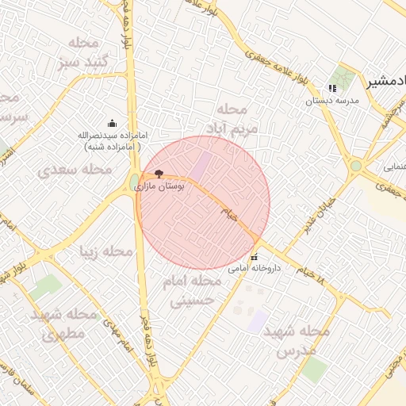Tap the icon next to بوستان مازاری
[159, 173]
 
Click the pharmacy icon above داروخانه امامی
[255, 257]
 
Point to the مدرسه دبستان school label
[333, 101]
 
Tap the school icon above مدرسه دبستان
[332, 88]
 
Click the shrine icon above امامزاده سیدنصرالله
[111, 122]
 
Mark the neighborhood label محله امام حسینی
[191, 291]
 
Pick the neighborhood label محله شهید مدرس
[294, 339]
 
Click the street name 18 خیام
[310, 279]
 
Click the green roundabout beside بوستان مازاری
[134, 183]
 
